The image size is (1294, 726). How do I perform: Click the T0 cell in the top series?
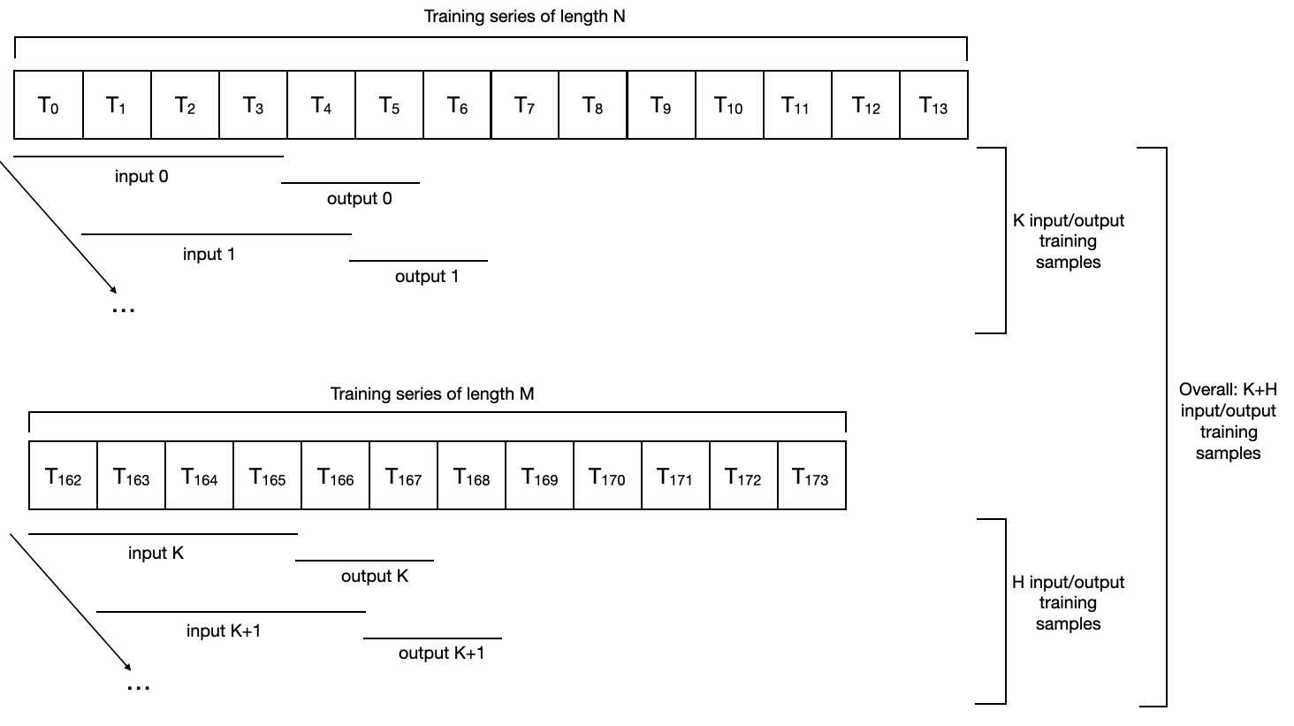tap(49, 105)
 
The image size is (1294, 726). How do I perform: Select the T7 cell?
tap(525, 105)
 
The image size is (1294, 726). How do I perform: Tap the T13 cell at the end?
tap(933, 105)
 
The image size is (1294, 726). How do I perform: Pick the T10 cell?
tap(729, 105)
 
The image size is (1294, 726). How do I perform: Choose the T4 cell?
tap(321, 105)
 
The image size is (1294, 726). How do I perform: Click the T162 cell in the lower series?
tap(63, 478)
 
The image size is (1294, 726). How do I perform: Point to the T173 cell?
tap(811, 478)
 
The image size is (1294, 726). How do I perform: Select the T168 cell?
tap(471, 478)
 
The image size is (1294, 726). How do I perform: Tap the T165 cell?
tap(267, 478)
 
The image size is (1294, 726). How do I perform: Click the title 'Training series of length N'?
tap(524, 16)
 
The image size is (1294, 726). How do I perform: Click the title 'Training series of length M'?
tap(432, 394)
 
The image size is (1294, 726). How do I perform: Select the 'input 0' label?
tap(141, 176)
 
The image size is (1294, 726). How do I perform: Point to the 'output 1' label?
tap(427, 276)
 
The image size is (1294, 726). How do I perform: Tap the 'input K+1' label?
tap(224, 630)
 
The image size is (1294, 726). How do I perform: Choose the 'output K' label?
tap(375, 576)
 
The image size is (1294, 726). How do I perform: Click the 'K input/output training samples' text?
tap(1069, 241)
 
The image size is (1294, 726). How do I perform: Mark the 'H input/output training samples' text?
tap(1068, 602)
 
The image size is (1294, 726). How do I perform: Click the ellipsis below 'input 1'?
tap(124, 310)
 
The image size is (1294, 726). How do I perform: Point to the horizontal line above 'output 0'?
tap(350, 183)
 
